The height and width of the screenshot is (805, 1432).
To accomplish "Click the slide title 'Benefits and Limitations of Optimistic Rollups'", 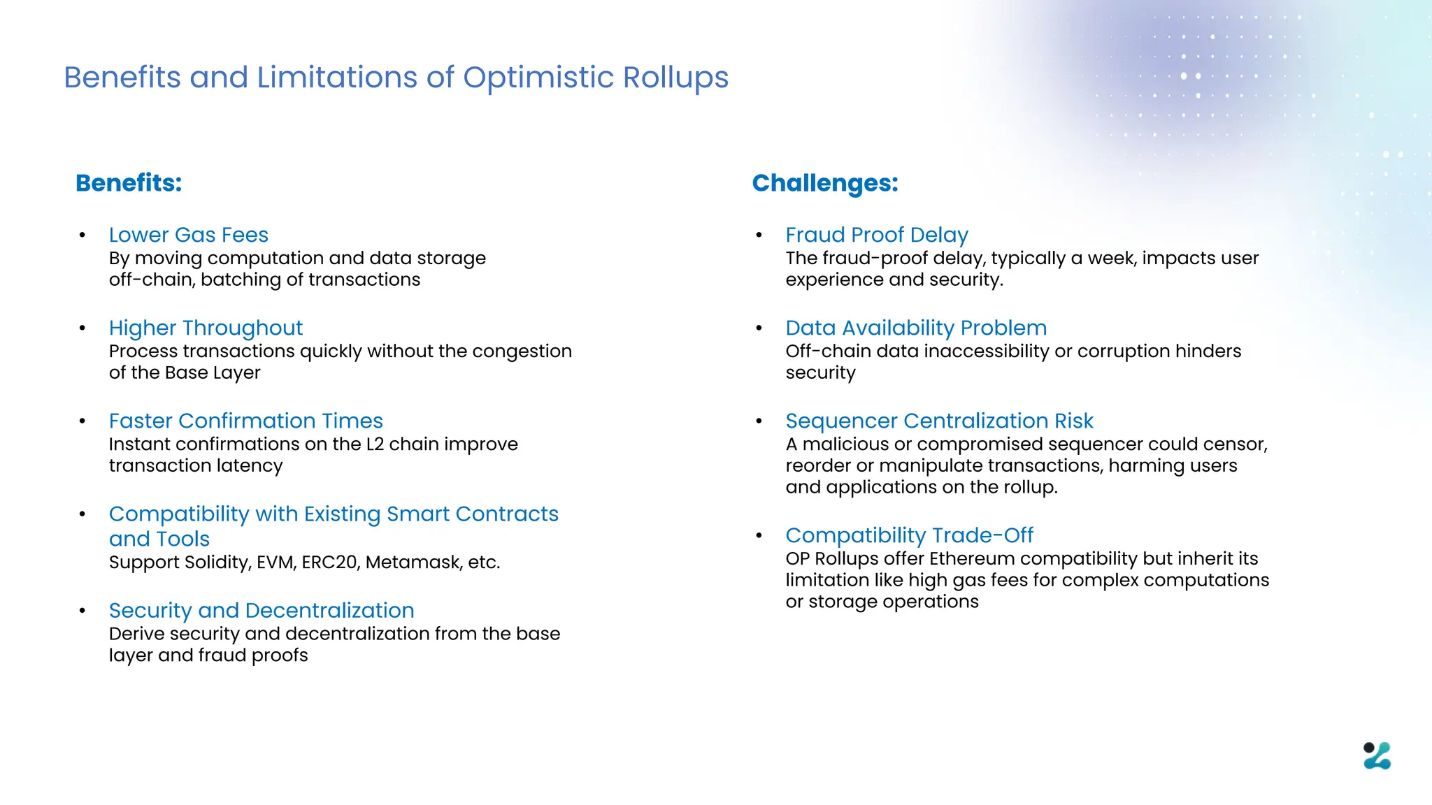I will (x=396, y=78).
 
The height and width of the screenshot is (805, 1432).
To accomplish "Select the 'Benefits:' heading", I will (x=129, y=183).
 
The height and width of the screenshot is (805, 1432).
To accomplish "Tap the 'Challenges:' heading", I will (x=824, y=183).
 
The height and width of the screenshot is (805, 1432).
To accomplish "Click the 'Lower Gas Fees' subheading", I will (x=188, y=235).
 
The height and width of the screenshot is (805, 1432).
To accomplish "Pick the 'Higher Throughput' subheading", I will (x=206, y=328).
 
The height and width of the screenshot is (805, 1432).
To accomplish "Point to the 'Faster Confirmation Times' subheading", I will (x=245, y=421).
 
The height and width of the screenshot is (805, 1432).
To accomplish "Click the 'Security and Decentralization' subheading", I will (x=261, y=610).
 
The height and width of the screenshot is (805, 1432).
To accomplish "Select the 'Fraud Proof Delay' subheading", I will (x=876, y=235).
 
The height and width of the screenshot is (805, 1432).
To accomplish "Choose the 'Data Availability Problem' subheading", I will (x=915, y=328).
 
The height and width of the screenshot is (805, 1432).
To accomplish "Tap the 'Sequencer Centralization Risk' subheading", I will (x=938, y=421).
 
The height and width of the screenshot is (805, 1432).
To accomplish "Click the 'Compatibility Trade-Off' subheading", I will (x=908, y=535).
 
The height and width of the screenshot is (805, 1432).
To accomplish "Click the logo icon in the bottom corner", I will (x=1377, y=755).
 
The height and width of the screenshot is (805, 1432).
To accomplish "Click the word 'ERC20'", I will (x=329, y=563).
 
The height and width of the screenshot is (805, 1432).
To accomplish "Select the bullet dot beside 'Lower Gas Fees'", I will (x=83, y=235).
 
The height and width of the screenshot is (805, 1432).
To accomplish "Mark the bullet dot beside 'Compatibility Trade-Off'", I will (x=759, y=536).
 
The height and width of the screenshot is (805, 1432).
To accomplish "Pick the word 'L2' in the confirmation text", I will (x=375, y=444).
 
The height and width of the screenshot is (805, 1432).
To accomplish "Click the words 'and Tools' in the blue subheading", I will (x=159, y=539).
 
